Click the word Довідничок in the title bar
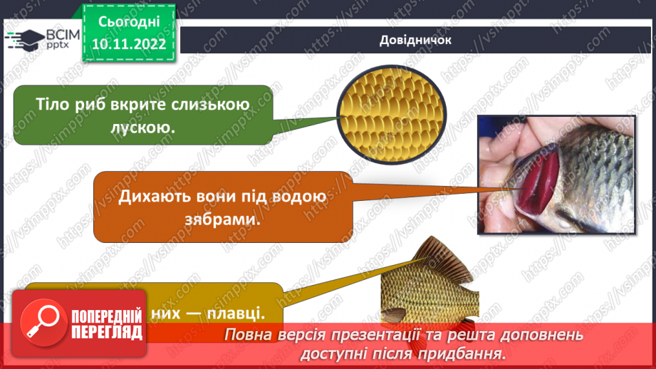(x=416, y=40)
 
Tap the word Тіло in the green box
(x=53, y=105)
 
